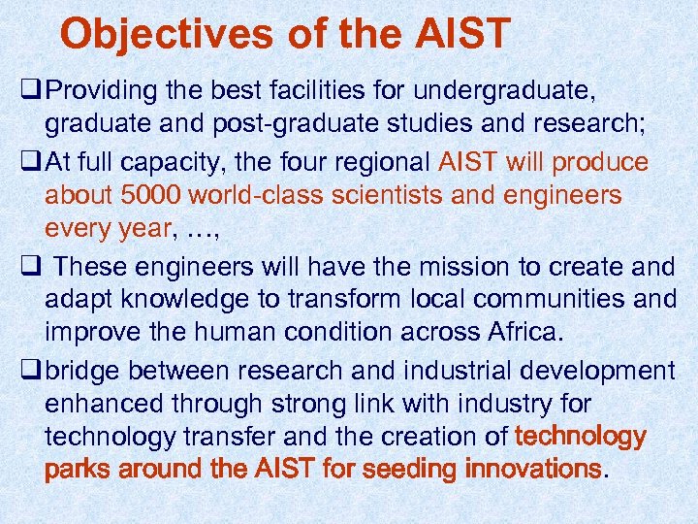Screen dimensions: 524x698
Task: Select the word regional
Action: (x=378, y=161)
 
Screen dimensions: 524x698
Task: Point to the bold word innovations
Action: (x=532, y=470)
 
